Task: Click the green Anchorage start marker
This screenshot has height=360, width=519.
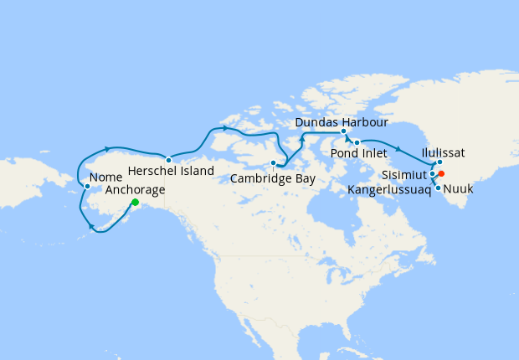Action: (x=135, y=202)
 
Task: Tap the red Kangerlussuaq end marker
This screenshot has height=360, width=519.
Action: (x=441, y=174)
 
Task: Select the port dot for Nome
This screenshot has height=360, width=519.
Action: (x=87, y=186)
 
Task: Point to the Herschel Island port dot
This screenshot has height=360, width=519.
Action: (x=168, y=160)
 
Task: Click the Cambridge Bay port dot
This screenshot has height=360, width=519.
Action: (x=273, y=162)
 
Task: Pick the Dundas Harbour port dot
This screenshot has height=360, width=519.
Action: (x=343, y=131)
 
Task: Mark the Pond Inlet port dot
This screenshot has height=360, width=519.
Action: (x=357, y=142)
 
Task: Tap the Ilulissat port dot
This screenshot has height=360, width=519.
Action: (x=439, y=162)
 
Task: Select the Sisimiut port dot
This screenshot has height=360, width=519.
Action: (x=432, y=174)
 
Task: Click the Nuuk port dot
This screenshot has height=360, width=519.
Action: (x=438, y=188)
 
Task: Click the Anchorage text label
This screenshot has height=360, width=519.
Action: (x=136, y=190)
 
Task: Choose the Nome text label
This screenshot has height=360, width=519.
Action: (x=105, y=177)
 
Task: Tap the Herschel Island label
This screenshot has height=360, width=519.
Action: (x=172, y=171)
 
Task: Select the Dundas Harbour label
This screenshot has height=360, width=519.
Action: (x=342, y=122)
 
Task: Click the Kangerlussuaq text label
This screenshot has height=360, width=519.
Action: (x=389, y=190)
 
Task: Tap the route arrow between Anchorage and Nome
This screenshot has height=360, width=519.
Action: (x=91, y=224)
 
